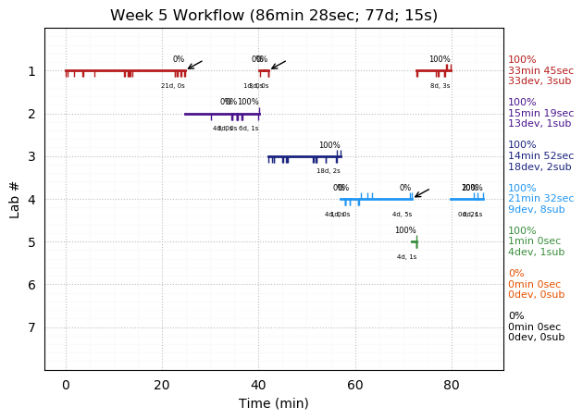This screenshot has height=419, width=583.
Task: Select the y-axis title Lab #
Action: [x=15, y=199]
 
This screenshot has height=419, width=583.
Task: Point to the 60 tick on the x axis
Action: [x=355, y=370]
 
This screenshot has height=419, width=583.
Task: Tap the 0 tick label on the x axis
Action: [x=66, y=384]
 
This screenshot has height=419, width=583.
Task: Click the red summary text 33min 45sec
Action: [x=540, y=71]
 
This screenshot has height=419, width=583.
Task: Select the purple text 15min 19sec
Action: [x=540, y=114]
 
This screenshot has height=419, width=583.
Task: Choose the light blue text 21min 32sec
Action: [x=540, y=199]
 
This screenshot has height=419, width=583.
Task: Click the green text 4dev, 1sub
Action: [x=536, y=253]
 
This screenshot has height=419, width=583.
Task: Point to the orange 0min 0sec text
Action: [x=534, y=285]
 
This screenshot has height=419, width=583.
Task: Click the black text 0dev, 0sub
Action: [x=536, y=338]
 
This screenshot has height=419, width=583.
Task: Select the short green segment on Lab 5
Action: [x=415, y=241]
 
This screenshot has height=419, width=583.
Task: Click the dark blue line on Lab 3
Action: [x=304, y=156]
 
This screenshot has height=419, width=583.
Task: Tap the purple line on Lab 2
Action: [x=222, y=114]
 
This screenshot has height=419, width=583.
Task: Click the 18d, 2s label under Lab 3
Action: [x=329, y=171]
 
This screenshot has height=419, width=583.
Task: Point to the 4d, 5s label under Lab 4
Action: [x=402, y=215]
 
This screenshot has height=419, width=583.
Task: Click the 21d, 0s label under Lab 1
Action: [x=173, y=86]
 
